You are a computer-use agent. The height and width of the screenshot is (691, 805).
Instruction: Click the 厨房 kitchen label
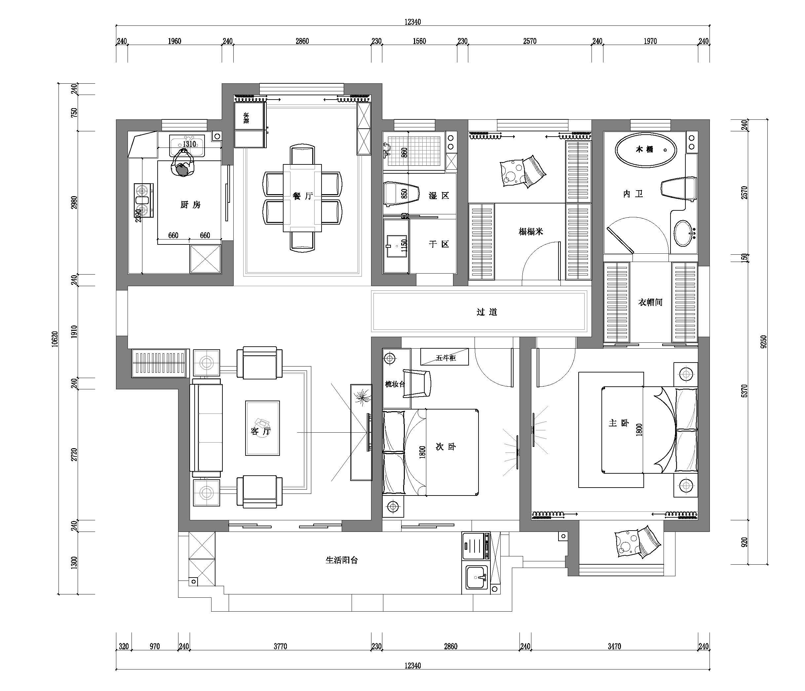click(x=190, y=204)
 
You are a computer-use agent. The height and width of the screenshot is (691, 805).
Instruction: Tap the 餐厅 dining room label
click(x=303, y=196)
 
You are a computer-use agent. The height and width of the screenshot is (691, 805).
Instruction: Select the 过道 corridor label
click(x=487, y=312)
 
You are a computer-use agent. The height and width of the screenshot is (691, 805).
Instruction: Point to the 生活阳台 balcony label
click(x=341, y=560)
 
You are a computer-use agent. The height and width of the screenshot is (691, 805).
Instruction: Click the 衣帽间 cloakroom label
click(x=650, y=302)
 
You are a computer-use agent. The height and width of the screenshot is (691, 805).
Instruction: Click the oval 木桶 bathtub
click(x=646, y=150)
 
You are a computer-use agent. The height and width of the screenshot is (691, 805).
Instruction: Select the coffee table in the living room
click(x=262, y=428)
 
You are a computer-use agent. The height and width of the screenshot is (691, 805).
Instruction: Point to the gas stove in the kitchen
click(x=143, y=200)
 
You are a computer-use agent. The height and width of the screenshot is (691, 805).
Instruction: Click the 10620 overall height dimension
click(x=55, y=339)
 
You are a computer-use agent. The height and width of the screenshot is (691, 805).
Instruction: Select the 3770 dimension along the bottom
click(x=280, y=646)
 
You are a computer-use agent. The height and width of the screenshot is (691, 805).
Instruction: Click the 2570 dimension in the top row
click(x=529, y=41)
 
